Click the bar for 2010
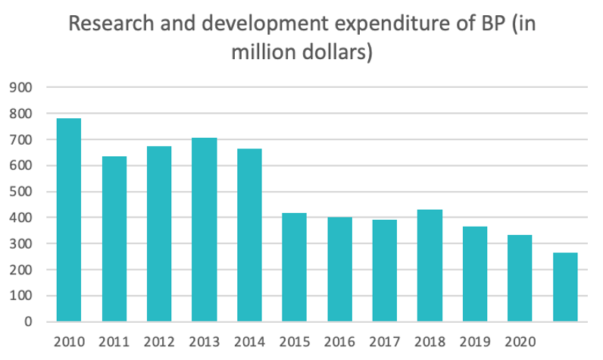pos(68,220)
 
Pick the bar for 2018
pos(430,265)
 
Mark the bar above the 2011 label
pos(114,239)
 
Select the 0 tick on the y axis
pos(29,321)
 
